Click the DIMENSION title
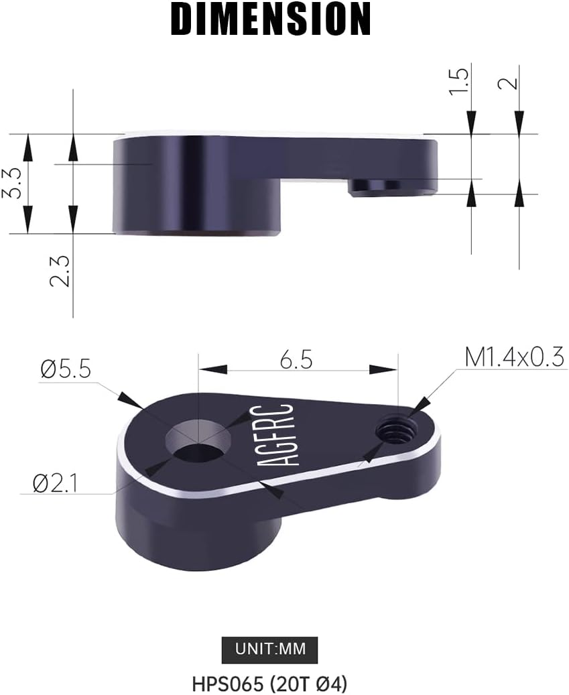point(271,19)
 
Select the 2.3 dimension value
point(60,271)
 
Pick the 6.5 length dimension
point(298,360)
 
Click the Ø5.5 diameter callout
point(66,369)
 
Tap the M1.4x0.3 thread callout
point(514,357)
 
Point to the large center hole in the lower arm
point(197,441)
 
